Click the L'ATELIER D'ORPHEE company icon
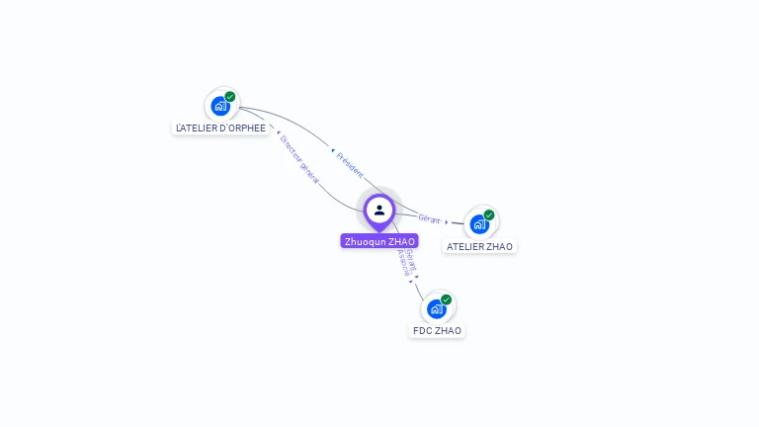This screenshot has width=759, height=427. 219,106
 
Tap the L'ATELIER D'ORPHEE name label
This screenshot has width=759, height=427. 220,128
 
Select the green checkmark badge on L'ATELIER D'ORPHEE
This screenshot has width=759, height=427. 230,97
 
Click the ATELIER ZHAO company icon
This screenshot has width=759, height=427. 479,223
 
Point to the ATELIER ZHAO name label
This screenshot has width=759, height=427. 479,246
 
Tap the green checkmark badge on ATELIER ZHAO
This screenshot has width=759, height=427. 489,214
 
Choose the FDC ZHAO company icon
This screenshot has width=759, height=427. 436,308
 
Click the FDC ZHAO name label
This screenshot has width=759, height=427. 437,330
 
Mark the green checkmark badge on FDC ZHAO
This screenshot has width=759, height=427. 446,299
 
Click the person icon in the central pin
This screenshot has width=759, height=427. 379,210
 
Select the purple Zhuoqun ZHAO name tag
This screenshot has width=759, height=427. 379,241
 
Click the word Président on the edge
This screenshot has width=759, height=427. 351,164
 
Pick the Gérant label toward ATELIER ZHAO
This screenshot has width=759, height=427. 429,218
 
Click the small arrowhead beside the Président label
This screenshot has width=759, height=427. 332,150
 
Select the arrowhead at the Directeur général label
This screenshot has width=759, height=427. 278,131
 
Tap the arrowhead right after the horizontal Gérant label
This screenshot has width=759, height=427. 446,221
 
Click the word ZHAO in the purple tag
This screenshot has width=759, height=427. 402,241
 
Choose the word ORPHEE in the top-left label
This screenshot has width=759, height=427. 247,128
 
